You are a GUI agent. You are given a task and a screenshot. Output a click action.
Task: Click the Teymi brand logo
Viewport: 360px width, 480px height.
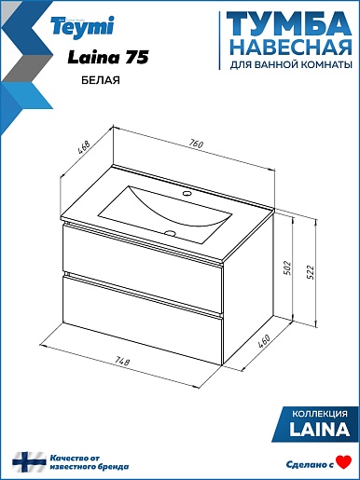point(83,26)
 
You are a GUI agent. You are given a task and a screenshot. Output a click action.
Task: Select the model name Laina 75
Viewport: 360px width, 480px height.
point(108,58)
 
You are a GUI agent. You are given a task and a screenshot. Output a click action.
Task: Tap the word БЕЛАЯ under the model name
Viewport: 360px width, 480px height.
point(101,80)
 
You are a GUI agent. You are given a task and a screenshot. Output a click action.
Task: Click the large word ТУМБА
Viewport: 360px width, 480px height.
point(289,25)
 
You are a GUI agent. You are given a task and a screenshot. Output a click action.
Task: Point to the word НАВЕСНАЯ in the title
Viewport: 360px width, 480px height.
point(292,48)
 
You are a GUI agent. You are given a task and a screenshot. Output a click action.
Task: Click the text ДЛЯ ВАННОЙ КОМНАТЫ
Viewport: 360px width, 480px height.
point(291,64)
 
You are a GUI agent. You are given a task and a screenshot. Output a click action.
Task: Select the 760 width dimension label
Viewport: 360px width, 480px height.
point(196,144)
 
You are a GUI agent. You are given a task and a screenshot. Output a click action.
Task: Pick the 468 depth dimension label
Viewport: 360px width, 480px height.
point(84,148)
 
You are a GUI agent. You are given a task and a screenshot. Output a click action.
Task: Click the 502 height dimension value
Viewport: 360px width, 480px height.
point(286,267)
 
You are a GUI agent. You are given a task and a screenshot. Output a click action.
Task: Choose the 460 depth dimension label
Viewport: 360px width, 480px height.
point(264,341)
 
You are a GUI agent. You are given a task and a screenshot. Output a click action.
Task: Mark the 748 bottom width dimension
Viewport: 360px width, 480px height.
point(122,361)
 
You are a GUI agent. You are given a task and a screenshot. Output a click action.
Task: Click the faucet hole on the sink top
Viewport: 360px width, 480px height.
point(187,194)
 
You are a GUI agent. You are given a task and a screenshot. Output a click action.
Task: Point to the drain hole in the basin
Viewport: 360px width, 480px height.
point(170,233)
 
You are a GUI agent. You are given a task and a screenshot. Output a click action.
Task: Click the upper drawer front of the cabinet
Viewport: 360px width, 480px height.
point(143,251)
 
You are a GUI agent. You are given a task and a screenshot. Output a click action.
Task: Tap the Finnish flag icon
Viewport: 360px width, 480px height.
point(29,462)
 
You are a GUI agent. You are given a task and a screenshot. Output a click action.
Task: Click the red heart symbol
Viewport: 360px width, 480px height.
point(344,461)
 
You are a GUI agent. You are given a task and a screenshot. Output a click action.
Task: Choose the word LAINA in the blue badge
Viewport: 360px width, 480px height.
point(320,430)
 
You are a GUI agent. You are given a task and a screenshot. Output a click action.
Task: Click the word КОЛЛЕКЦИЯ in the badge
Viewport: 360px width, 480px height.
point(321,414)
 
